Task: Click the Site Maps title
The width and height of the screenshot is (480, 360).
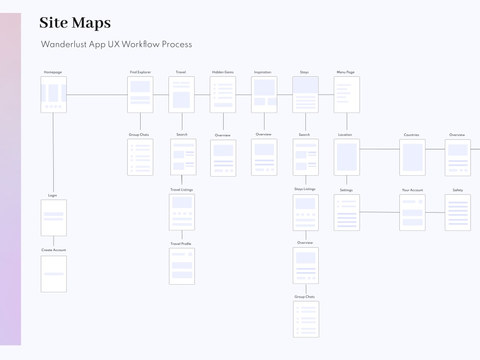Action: point(75,23)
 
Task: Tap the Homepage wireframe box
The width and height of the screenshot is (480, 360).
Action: point(54,95)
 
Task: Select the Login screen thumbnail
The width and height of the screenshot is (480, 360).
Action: point(54,217)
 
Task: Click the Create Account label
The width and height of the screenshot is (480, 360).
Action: point(54,250)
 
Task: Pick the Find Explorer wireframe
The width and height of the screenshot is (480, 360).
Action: point(140,95)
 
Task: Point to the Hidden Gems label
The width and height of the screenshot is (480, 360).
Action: point(223,72)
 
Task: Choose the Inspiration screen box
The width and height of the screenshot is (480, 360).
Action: point(264,95)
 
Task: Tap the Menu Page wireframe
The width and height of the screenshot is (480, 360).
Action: point(347,95)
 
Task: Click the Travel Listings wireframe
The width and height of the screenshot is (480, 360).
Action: point(182,212)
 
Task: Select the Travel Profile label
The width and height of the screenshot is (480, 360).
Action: point(181,244)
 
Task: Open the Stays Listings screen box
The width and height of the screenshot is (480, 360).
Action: point(306,213)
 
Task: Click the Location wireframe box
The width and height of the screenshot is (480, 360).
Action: point(347,157)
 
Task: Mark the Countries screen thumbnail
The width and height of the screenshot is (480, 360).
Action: point(412,157)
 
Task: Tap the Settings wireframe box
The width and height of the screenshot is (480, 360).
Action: point(347,213)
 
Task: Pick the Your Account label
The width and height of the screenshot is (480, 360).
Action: point(412,190)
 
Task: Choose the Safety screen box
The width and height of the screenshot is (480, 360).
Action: point(457,213)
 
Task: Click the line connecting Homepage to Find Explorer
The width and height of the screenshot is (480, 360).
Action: point(97,95)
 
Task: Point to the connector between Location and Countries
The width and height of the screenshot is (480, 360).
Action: point(380,149)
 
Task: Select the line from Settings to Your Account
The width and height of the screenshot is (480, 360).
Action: point(380,212)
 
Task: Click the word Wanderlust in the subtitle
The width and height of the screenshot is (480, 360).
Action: point(64,44)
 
